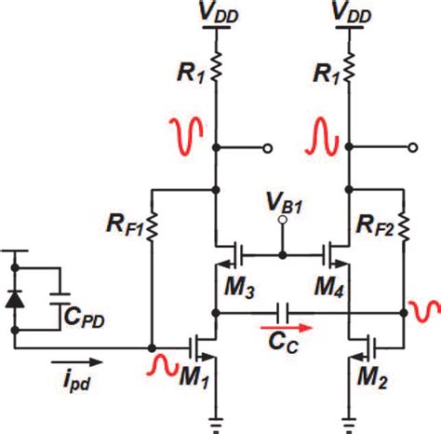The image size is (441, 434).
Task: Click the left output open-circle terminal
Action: tap(268, 147)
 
